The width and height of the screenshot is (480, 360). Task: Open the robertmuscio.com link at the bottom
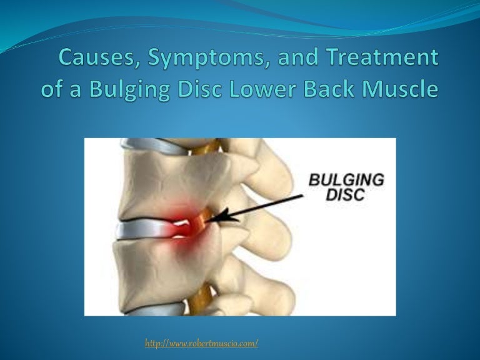pyautogui.click(x=201, y=343)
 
